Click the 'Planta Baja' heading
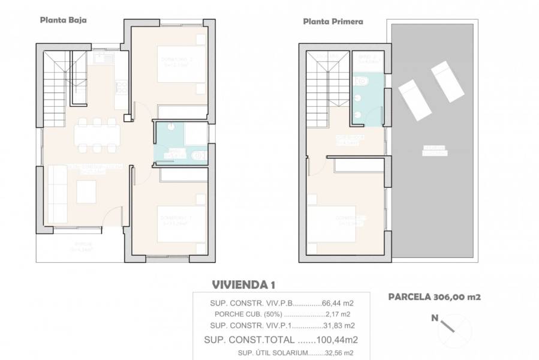63,19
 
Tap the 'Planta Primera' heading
333,21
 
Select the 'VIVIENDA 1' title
244,284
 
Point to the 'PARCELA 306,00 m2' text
435,296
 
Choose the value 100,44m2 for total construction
332,340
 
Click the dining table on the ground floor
95,135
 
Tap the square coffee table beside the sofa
85,191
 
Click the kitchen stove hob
121,88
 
